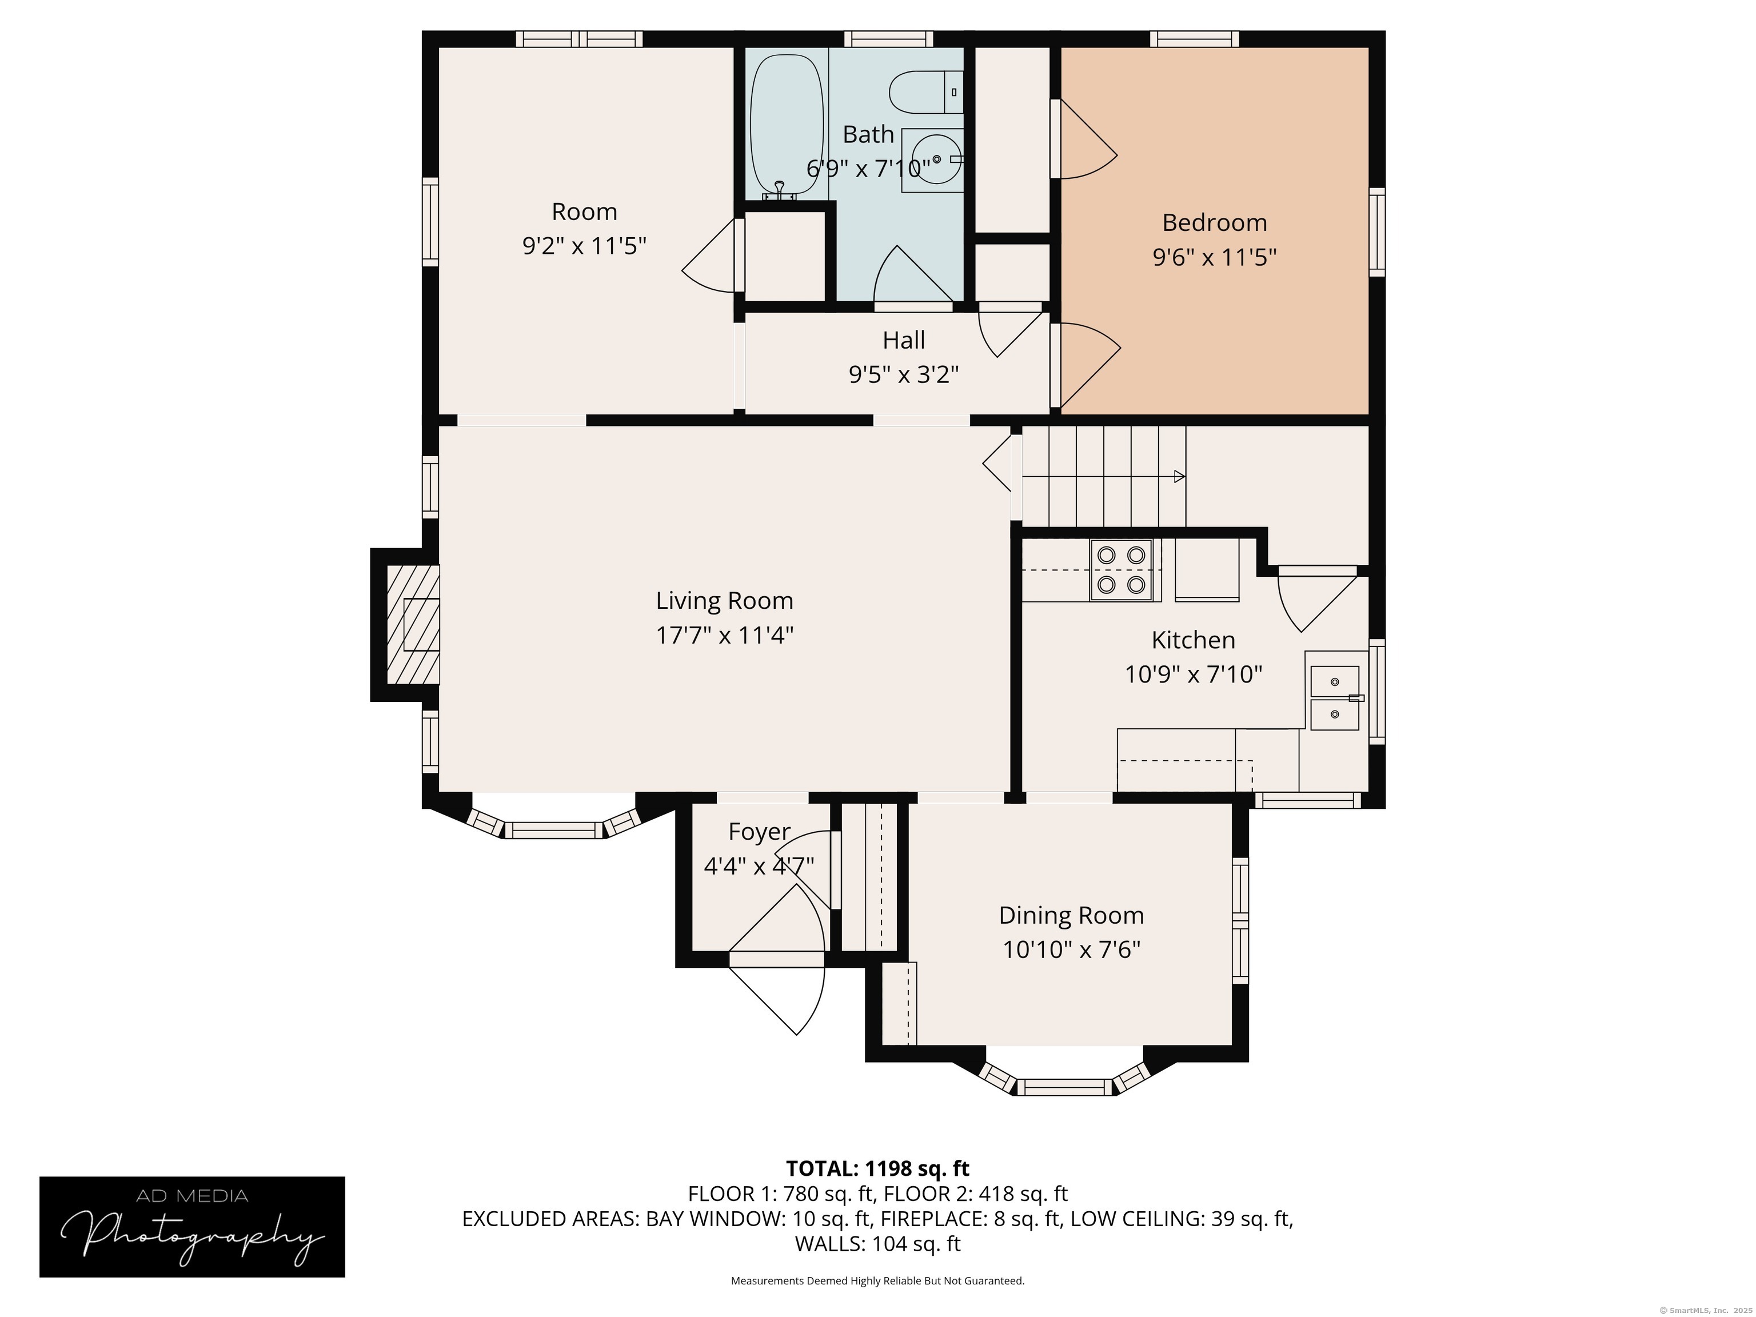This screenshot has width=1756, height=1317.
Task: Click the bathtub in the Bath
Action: (x=787, y=123)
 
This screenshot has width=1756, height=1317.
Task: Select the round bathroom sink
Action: (x=936, y=159)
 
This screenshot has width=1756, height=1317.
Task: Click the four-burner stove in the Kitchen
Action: (x=1121, y=570)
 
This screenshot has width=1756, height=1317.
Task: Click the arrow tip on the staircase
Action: (x=1180, y=476)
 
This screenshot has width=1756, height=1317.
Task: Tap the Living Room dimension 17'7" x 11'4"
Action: (x=724, y=635)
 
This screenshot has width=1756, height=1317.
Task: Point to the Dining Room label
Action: (x=1071, y=915)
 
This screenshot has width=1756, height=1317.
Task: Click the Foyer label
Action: (x=759, y=831)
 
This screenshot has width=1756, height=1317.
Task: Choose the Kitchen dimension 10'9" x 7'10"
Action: (x=1193, y=674)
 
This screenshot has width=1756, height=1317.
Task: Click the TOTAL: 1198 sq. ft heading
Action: (x=877, y=1168)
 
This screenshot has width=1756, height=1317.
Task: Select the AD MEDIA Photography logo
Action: (x=192, y=1227)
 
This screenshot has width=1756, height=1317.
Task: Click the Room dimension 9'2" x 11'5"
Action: (x=584, y=246)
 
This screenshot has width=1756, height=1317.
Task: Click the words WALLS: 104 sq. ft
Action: (x=877, y=1244)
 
